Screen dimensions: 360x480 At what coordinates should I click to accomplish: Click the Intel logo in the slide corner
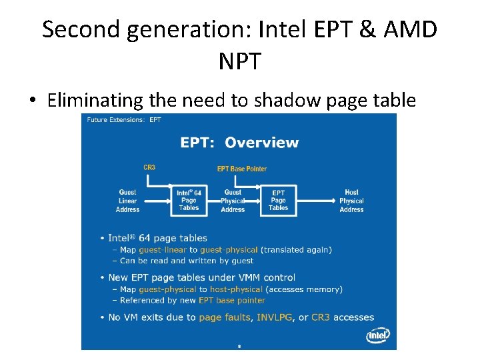[378, 335]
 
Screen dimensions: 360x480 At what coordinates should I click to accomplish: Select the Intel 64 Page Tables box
[189, 200]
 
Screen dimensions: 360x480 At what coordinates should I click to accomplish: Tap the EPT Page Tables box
[279, 200]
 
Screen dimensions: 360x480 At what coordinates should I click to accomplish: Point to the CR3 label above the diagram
[149, 167]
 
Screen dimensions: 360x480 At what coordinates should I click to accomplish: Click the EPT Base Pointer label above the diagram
[242, 169]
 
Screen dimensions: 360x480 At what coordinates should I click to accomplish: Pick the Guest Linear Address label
[127, 201]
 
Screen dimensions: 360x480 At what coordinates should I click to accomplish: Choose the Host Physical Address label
[351, 201]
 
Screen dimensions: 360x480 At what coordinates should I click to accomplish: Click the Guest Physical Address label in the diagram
[233, 201]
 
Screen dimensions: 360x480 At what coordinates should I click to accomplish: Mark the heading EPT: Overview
[239, 142]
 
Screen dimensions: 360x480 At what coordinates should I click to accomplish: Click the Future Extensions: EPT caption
[123, 120]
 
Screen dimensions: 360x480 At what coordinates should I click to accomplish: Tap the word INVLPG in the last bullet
[275, 317]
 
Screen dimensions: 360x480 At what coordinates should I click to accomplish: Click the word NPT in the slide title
[239, 61]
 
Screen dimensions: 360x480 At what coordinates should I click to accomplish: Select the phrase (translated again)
[297, 249]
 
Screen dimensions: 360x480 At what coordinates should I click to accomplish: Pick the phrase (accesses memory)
[304, 289]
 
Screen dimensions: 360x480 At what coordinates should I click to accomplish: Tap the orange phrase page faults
[224, 317]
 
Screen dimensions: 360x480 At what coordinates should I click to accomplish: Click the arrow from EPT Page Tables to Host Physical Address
[313, 199]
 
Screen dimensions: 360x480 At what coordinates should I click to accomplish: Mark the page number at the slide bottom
[239, 346]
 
